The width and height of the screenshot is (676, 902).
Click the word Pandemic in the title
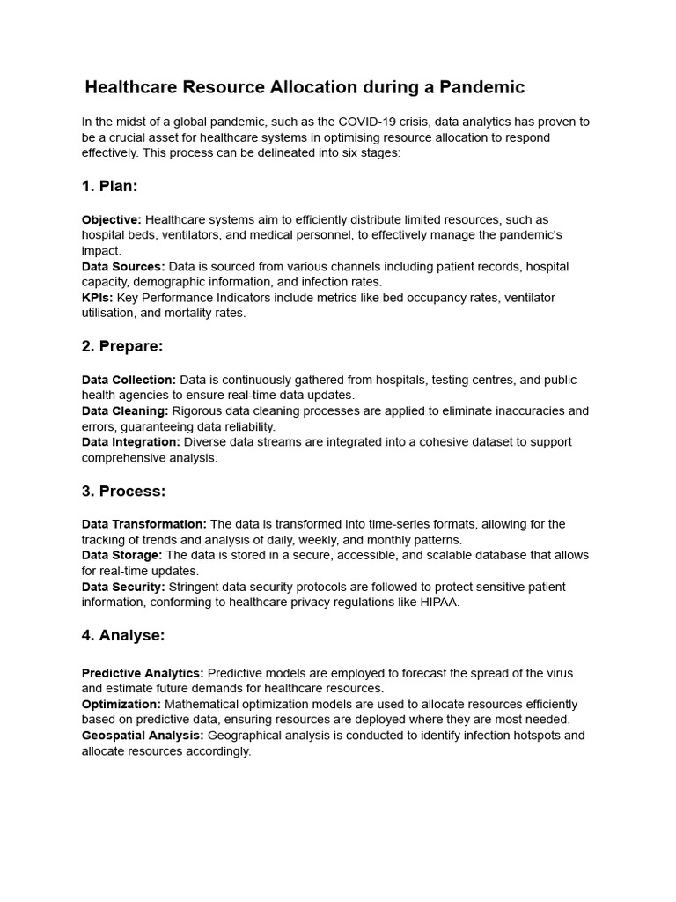tap(479, 87)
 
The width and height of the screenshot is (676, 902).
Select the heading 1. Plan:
tap(110, 186)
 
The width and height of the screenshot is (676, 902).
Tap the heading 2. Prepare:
tap(122, 346)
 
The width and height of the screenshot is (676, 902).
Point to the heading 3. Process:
tap(123, 491)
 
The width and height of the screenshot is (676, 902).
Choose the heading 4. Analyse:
tap(123, 635)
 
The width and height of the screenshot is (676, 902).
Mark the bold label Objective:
tap(111, 219)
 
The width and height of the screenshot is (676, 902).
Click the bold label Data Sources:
tap(123, 266)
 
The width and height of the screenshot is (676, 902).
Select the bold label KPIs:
tap(97, 298)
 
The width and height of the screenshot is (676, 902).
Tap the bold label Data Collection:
tap(129, 380)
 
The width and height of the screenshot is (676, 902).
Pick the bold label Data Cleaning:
tap(125, 410)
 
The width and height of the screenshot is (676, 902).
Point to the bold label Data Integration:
tap(131, 442)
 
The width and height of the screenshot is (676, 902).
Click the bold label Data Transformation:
tap(144, 524)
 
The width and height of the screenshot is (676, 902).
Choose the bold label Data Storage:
tap(122, 556)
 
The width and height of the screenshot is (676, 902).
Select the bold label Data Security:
tap(123, 587)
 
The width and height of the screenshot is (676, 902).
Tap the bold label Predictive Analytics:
tap(143, 673)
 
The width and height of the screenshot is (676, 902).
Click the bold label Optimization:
tap(121, 705)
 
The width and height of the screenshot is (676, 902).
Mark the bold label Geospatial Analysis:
tap(143, 736)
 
